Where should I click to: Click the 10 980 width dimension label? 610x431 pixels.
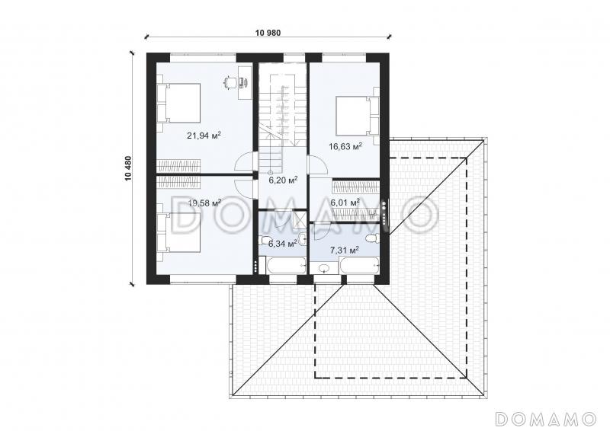[x=268, y=33]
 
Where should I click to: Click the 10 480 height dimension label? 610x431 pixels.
[x=128, y=168]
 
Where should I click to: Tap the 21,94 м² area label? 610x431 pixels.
[x=204, y=136]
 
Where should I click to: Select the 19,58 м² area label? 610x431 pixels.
[x=204, y=203]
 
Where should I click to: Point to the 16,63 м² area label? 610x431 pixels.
[x=345, y=146]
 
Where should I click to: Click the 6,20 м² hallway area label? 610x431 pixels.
[x=283, y=180]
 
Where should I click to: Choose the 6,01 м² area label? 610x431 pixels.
[x=345, y=203]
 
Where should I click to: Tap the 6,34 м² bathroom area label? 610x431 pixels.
[x=283, y=244]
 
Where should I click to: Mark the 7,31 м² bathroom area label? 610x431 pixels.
[x=345, y=251]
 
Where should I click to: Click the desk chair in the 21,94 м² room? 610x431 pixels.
[x=230, y=82]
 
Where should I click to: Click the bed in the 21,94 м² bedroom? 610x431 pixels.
[x=178, y=103]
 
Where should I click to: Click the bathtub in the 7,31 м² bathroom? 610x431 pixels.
[x=359, y=267]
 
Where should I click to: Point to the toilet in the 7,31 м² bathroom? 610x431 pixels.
[x=373, y=238]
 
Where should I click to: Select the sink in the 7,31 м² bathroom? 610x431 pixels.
[x=323, y=268]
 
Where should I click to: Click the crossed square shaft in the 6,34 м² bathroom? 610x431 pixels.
[x=300, y=218]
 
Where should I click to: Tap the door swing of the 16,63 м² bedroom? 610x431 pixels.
[x=318, y=164]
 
